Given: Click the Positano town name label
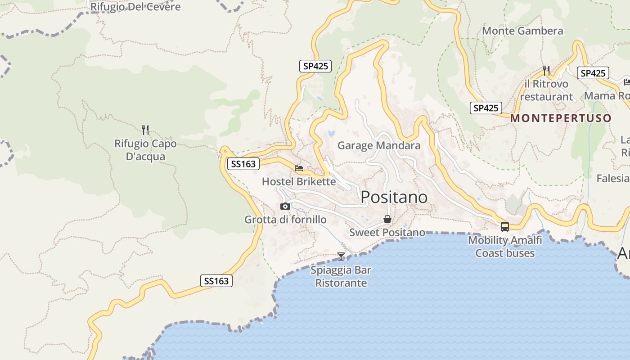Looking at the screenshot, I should click(394, 197).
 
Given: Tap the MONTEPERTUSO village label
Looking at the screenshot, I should click(561, 118).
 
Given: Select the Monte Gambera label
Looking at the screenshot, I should click(522, 31).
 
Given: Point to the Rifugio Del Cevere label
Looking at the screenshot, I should click(135, 7).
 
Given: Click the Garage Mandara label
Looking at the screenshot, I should click(379, 145).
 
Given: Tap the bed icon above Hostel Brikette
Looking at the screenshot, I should click(299, 168).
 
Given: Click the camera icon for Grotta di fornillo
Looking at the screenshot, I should click(285, 207).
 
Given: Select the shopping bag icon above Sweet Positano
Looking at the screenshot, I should click(387, 220).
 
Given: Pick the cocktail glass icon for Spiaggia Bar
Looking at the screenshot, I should click(341, 256).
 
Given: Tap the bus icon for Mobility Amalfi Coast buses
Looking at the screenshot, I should click(505, 227).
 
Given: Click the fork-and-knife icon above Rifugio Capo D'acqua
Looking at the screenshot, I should click(145, 130).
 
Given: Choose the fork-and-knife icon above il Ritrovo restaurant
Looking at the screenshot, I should click(546, 70).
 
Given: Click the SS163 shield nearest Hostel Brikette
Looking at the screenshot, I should click(243, 164).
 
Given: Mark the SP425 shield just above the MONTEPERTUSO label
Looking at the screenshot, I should click(486, 108).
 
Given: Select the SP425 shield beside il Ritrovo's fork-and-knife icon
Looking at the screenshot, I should click(593, 73).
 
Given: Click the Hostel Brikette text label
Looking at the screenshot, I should click(299, 181).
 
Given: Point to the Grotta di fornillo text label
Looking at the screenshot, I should click(285, 220).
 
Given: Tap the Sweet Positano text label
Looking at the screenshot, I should click(387, 232).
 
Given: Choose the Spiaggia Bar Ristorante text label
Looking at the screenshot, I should click(341, 276).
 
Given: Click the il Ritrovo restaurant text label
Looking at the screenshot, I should click(546, 90).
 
